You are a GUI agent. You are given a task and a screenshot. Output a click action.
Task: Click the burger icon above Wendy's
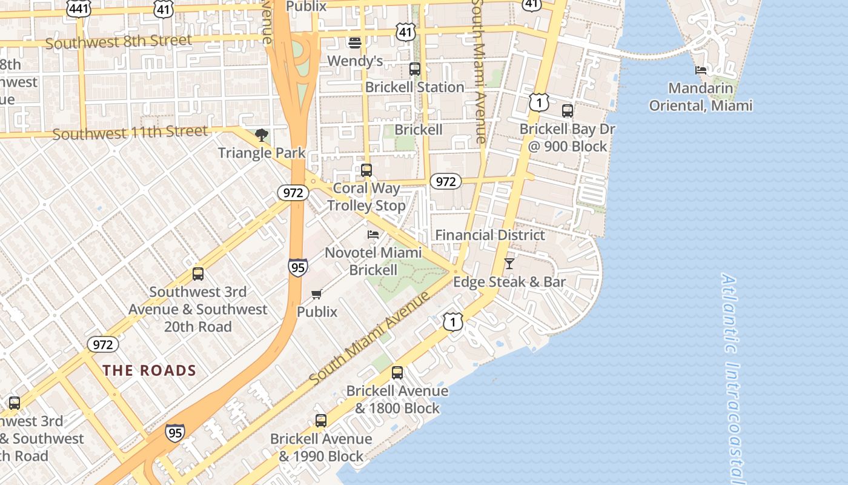click(355, 42)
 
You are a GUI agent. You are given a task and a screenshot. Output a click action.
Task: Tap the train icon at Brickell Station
click(415, 69)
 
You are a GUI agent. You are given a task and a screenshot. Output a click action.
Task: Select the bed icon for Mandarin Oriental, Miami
click(701, 70)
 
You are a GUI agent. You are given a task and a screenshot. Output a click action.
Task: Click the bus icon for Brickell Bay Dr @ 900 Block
click(568, 111)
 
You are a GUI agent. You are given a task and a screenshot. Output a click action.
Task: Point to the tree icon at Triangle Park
click(262, 135)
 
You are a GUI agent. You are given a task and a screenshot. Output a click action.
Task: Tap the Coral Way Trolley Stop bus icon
click(366, 170)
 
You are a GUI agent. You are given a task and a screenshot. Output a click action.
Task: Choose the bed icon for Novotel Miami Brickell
click(373, 235)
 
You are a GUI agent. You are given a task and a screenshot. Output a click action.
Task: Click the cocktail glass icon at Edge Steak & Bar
click(509, 264)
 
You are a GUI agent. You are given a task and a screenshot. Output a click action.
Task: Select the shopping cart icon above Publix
click(316, 295)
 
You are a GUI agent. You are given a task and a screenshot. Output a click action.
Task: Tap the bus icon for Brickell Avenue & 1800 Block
click(397, 373)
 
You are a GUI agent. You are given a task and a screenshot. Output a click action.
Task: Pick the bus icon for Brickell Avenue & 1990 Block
click(321, 421)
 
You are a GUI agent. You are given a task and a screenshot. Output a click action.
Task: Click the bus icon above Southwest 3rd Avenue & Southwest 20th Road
click(198, 274)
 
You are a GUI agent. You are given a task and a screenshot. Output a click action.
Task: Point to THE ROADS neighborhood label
click(149, 370)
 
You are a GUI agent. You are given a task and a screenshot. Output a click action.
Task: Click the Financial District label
click(490, 235)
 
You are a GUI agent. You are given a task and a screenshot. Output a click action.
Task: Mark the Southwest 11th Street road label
click(130, 133)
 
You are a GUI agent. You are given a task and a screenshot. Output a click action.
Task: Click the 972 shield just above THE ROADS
click(103, 345)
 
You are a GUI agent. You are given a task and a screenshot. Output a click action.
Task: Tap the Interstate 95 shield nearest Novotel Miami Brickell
click(297, 267)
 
